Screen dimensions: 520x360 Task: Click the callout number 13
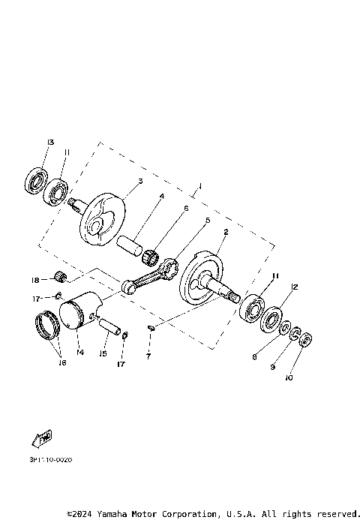point(49,142)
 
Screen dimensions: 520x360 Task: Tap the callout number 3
point(139,182)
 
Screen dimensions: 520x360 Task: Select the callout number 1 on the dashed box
point(199,185)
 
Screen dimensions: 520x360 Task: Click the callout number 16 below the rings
point(61,362)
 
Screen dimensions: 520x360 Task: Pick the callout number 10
point(288,378)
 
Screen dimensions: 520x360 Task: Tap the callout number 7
point(148,356)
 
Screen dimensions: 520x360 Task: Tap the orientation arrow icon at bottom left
point(41,437)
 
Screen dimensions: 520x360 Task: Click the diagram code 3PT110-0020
point(52,460)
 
